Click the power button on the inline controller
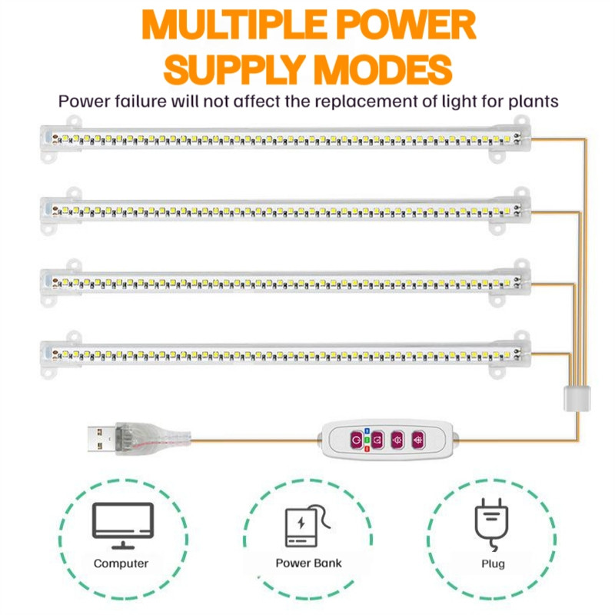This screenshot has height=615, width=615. [356, 440]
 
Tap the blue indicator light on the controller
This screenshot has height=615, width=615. [367, 431]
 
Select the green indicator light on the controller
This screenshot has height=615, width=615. [367, 440]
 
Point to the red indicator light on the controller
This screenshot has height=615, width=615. [367, 449]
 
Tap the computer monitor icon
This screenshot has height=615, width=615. [123, 526]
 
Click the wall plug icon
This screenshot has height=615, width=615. [492, 524]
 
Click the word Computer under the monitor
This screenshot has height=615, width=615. [121, 563]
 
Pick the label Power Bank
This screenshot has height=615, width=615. [308, 563]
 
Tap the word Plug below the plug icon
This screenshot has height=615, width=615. [493, 564]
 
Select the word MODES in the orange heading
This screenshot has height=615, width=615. [383, 70]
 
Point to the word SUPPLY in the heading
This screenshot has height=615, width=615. [234, 70]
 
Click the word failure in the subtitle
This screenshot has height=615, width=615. [141, 101]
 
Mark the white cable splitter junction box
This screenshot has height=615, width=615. [577, 398]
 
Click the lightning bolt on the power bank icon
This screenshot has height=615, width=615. [301, 523]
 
